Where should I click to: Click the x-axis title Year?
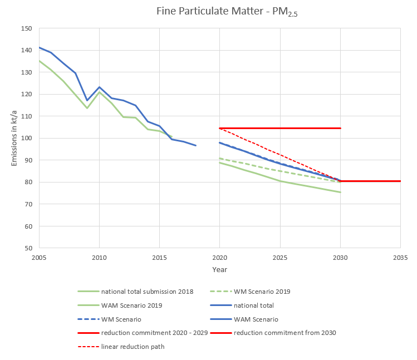click(x=219, y=269)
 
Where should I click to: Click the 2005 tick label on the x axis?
click(x=39, y=258)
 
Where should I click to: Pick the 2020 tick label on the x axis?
click(x=219, y=258)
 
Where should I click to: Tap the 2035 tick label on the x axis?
click(x=400, y=258)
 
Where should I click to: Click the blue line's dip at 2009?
click(x=87, y=101)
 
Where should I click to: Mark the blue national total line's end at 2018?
click(x=195, y=146)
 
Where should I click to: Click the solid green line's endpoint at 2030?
click(x=340, y=193)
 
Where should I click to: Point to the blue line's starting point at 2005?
click(x=39, y=47)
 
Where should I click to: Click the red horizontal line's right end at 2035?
click(x=400, y=181)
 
